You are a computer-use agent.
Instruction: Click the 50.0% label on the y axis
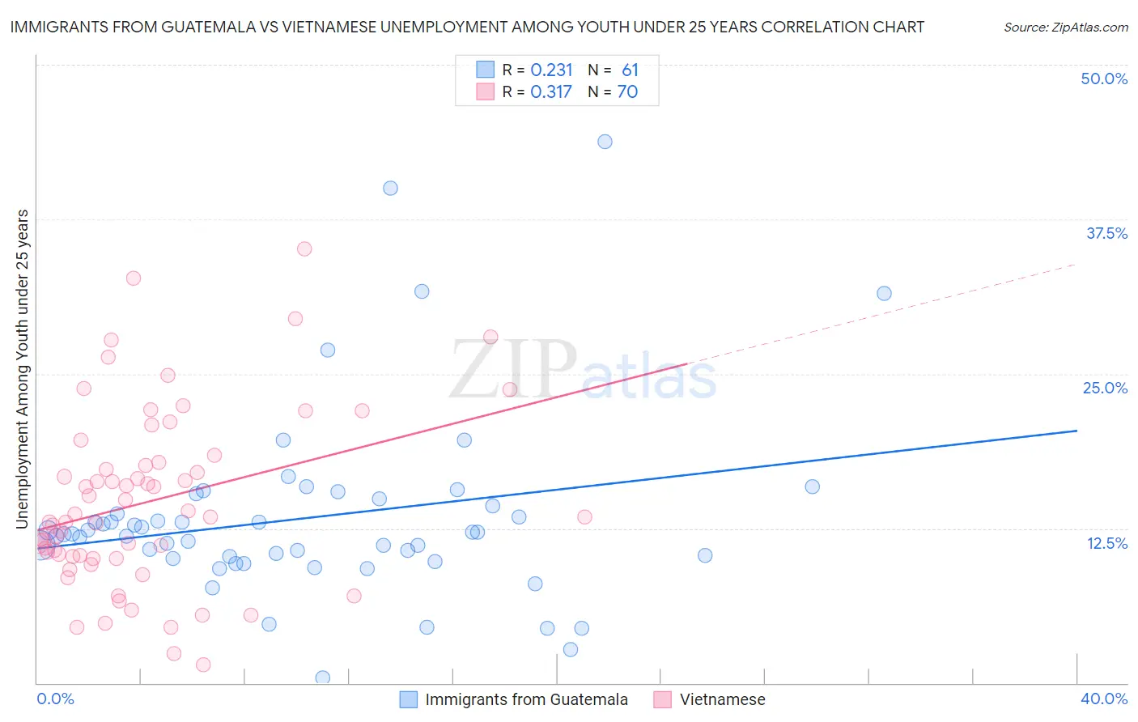pyautogui.click(x=1104, y=79)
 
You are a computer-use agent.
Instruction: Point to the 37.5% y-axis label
pyautogui.click(x=1106, y=233)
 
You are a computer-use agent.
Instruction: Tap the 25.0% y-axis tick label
pyautogui.click(x=1105, y=388)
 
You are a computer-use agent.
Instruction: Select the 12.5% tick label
pyautogui.click(x=1106, y=543)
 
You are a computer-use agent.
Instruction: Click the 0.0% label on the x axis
pyautogui.click(x=55, y=699)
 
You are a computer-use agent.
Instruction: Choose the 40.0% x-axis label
pyautogui.click(x=1103, y=699)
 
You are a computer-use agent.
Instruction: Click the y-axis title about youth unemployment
pyautogui.click(x=23, y=369)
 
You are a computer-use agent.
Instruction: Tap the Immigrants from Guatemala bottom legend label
pyautogui.click(x=526, y=700)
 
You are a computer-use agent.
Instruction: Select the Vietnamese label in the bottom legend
pyautogui.click(x=722, y=700)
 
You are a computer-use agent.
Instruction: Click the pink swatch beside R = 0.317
pyautogui.click(x=485, y=91)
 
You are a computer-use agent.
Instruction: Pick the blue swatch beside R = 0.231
pyautogui.click(x=485, y=70)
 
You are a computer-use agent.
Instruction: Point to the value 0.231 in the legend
pyautogui.click(x=551, y=70)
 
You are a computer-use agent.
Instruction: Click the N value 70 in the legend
pyautogui.click(x=627, y=91)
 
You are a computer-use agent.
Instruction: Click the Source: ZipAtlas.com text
pyautogui.click(x=1065, y=28)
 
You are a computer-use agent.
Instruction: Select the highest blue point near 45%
pyautogui.click(x=605, y=142)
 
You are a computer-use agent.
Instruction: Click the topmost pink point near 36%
pyautogui.click(x=304, y=248)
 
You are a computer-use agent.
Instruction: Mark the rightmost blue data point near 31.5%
pyautogui.click(x=884, y=293)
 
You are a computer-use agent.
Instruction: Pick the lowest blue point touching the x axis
pyautogui.click(x=322, y=677)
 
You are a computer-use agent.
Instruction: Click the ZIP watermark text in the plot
pyautogui.click(x=513, y=371)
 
